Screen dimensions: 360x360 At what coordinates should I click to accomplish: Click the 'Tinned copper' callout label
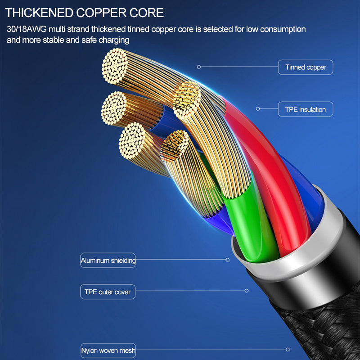(306, 67)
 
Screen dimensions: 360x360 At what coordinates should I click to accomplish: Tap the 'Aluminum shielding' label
(108, 260)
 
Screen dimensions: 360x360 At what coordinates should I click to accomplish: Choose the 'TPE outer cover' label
(108, 292)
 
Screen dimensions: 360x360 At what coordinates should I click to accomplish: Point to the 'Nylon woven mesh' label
(108, 350)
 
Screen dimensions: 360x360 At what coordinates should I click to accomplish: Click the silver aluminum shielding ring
(292, 270)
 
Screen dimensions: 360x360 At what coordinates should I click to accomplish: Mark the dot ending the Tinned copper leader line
(199, 67)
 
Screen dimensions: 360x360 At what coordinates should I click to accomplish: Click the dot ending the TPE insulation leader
(258, 108)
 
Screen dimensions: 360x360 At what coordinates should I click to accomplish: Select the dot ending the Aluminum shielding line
(228, 260)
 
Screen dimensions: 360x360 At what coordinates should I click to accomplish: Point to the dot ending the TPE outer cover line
(247, 291)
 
